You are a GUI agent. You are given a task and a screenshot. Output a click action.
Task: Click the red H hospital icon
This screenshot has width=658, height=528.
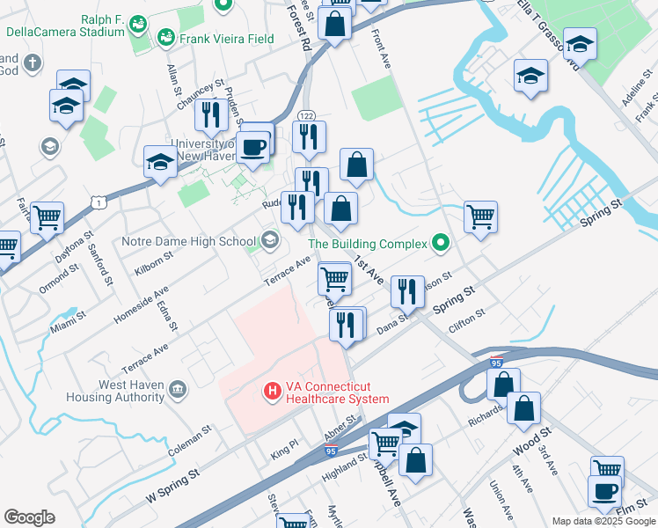tap(273, 388)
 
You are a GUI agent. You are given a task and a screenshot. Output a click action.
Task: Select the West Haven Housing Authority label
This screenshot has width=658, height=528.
tap(120, 391)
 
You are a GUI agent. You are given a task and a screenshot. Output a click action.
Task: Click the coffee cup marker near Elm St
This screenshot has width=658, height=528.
tap(605, 492)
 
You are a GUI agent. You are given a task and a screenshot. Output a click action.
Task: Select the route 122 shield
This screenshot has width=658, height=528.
tap(306, 116)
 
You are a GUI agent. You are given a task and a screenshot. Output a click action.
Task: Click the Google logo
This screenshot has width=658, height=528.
tap(30, 517)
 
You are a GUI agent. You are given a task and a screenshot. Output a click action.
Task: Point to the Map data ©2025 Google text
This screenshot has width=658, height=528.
tap(603, 521)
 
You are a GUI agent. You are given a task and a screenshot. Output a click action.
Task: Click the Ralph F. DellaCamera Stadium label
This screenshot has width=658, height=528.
tap(65, 25)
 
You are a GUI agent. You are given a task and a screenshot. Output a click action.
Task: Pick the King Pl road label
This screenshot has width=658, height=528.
tap(285, 451)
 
